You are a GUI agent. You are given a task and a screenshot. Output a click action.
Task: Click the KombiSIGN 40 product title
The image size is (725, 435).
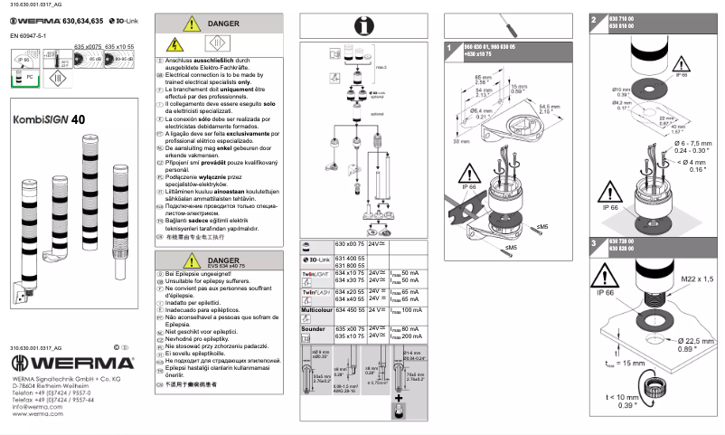[x=50, y=118]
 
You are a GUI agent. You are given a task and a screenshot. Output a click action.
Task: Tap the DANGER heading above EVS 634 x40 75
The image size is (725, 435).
[x=221, y=260]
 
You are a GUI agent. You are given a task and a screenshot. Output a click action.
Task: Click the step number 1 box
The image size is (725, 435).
[x=449, y=46]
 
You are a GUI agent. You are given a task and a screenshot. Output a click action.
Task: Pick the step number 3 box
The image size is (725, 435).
[x=593, y=243]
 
